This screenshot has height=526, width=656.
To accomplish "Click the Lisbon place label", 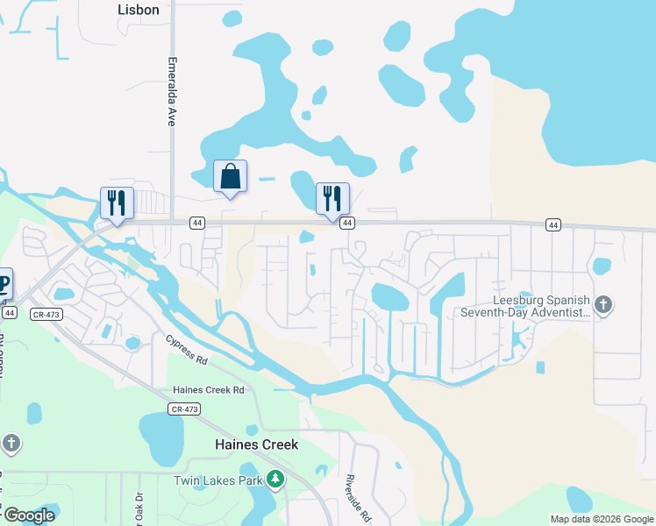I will click(139, 10).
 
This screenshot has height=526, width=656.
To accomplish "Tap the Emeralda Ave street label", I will click(172, 93).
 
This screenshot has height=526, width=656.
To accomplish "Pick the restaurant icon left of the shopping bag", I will click(117, 203).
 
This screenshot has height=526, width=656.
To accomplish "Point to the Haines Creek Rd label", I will click(208, 389).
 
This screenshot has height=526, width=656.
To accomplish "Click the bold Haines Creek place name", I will click(257, 444).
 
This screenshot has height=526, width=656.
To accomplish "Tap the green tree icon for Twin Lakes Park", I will click(275, 479).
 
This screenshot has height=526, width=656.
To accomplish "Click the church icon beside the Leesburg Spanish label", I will click(603, 305).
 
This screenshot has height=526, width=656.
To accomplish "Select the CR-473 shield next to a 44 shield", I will click(46, 313).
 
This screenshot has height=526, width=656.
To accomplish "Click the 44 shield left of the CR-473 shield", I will click(9, 312).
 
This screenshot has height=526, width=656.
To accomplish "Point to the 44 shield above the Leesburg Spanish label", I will click(553, 225).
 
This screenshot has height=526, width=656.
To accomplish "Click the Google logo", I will click(29, 515).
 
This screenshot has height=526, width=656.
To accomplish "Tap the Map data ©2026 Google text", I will click(602, 519).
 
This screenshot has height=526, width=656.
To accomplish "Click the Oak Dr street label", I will click(138, 508).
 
